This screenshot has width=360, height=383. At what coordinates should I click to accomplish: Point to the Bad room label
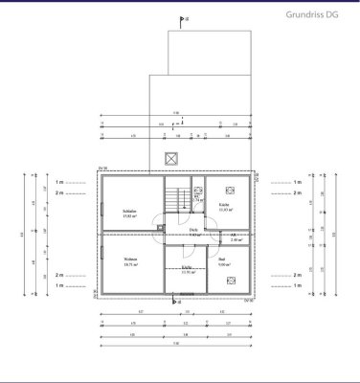click(x=221, y=259)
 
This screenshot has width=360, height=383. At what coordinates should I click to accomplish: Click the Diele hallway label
click(x=192, y=230)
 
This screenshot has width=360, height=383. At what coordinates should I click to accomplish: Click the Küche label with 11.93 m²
click(x=222, y=204)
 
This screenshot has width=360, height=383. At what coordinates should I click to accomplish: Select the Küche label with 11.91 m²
click(x=187, y=267)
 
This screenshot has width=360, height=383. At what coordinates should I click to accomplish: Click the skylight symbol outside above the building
click(x=173, y=158)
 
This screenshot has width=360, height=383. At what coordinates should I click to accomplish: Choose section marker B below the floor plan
click(x=174, y=301)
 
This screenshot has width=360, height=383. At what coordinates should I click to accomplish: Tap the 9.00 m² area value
click(x=221, y=265)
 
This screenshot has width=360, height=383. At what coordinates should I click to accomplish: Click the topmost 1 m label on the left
click(x=59, y=181)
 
